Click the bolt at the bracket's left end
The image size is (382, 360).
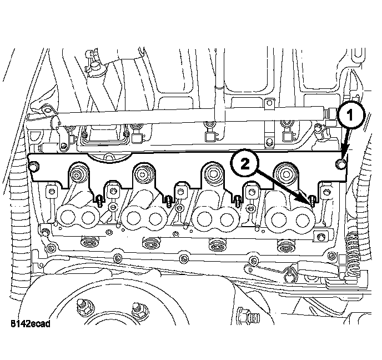click(34, 166)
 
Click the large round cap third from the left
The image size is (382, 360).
click(213, 174)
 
